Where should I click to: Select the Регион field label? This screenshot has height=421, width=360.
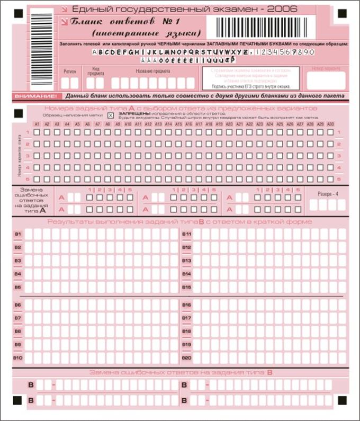pyautogui.click(x=70, y=70)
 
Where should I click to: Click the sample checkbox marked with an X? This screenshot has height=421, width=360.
pyautogui.click(x=111, y=115)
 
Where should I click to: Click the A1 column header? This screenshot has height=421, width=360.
pyautogui.click(x=37, y=124)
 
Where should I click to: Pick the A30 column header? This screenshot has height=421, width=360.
pyautogui.click(x=330, y=124)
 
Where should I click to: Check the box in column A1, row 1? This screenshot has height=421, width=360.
pyautogui.click(x=37, y=132)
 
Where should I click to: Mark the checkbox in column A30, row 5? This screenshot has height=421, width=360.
pyautogui.click(x=330, y=178)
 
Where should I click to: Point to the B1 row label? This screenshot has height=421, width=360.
pyautogui.click(x=18, y=234)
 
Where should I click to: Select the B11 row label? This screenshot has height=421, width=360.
pyautogui.click(x=186, y=234)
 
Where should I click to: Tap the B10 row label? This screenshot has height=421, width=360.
pyautogui.click(x=18, y=358)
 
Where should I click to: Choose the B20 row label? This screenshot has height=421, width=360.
pyautogui.click(x=186, y=358)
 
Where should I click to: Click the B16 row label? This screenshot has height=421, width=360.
pyautogui.click(x=186, y=305)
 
